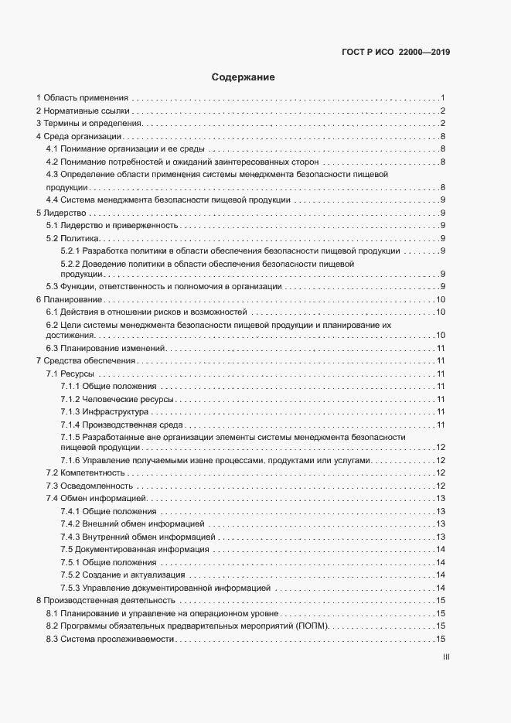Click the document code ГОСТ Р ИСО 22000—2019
[x=395, y=53]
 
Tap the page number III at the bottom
[x=446, y=658]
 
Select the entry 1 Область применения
[x=82, y=98]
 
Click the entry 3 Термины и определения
[x=89, y=124]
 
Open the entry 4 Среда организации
[x=78, y=136]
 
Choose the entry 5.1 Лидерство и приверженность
[x=112, y=225]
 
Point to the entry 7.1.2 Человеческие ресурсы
[x=117, y=399]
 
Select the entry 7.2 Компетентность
[x=85, y=472]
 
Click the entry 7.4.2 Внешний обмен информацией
[x=132, y=523]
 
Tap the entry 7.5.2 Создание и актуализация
[x=122, y=575]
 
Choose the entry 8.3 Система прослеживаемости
[x=109, y=639]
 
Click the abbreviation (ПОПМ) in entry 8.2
[x=312, y=626]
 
